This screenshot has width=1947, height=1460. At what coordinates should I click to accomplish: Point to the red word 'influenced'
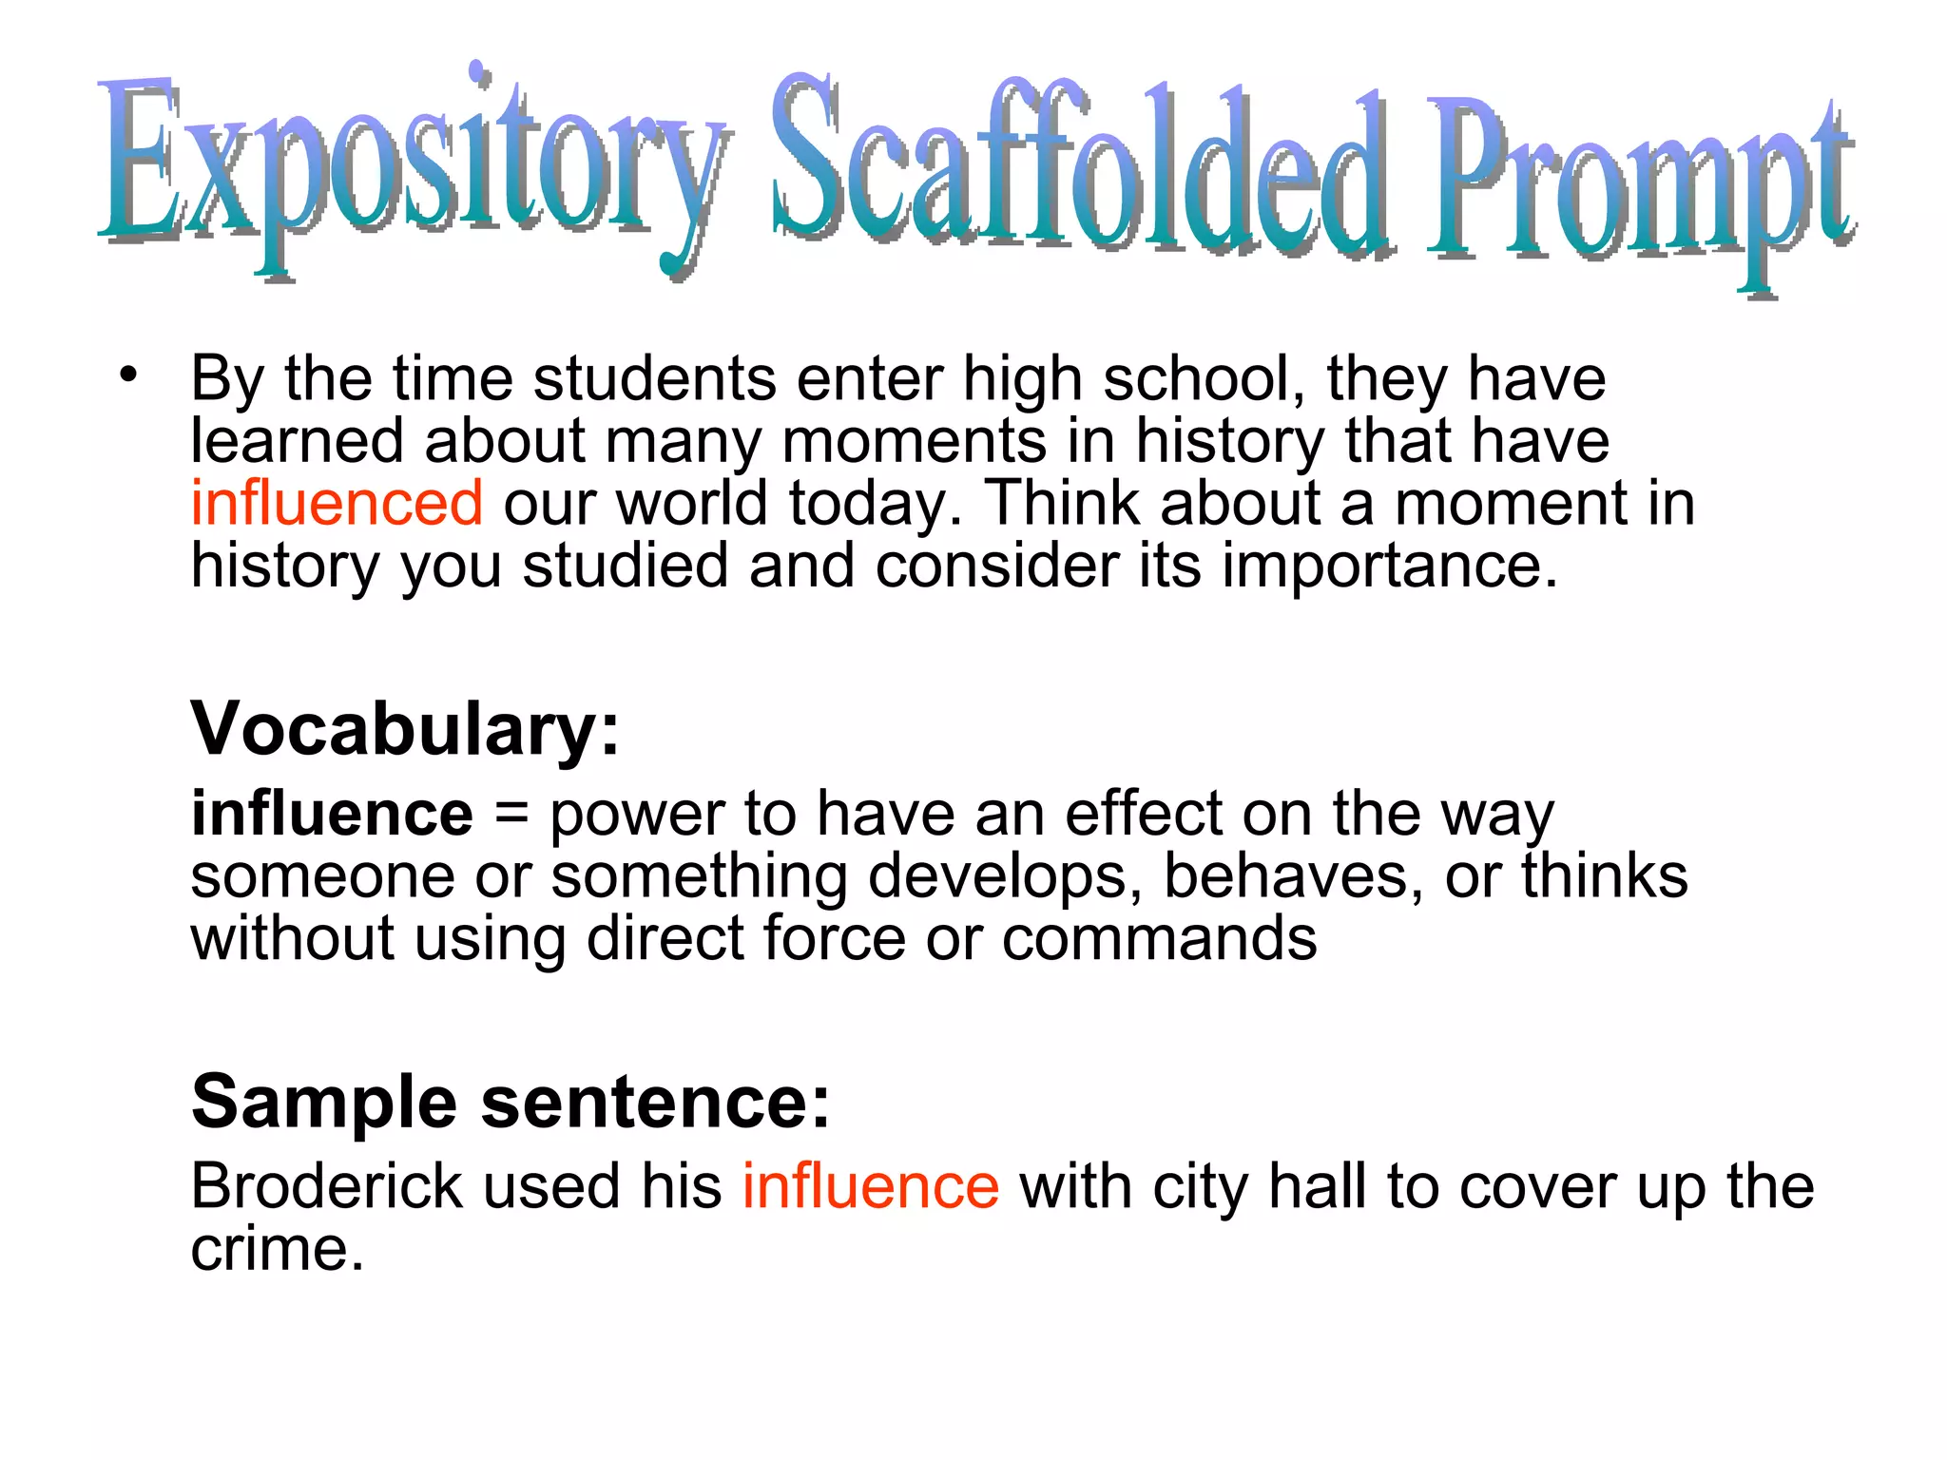(337, 503)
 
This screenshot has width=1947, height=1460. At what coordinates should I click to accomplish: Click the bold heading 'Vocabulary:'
(405, 728)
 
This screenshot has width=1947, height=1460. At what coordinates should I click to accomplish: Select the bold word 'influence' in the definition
(332, 814)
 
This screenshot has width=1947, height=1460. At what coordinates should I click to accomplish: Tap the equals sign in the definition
(511, 816)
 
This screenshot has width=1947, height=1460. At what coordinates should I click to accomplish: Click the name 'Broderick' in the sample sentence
(324, 1186)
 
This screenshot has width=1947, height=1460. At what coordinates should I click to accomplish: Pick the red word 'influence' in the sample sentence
(870, 1186)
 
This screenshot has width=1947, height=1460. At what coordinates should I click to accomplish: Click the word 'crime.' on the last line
(278, 1249)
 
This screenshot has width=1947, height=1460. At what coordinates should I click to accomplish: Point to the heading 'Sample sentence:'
(511, 1102)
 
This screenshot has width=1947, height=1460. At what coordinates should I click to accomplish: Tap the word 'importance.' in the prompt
(1390, 567)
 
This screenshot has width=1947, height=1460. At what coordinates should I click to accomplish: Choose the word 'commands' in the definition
(1159, 939)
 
